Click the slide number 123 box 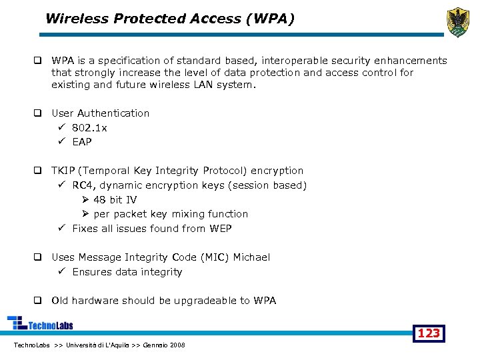429,333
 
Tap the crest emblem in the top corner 458,22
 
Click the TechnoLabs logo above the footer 40,324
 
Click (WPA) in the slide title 270,19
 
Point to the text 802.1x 89,128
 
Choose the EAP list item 82,142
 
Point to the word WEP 220,229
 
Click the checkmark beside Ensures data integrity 61,272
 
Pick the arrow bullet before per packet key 85,214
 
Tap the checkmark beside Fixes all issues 61,229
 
